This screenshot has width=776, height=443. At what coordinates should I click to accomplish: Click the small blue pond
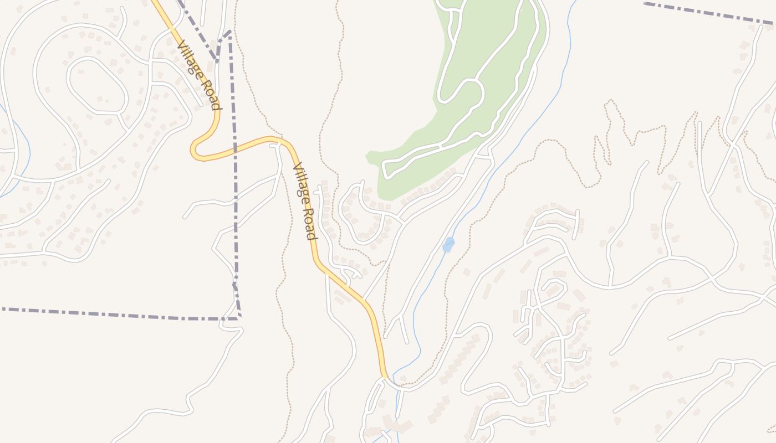[x=448, y=244]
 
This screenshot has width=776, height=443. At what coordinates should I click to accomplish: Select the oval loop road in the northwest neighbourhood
[x=98, y=86]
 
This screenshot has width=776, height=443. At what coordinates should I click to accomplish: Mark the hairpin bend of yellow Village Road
[x=194, y=150]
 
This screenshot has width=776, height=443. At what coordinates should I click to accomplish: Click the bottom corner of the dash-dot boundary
[x=239, y=317]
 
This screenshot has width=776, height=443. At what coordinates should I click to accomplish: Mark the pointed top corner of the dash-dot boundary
[x=229, y=32]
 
